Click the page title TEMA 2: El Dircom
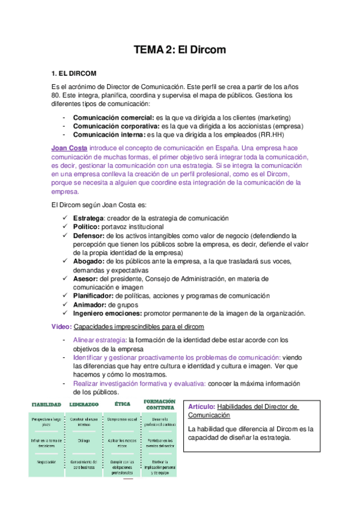click(x=180, y=50)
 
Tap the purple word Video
click(x=61, y=327)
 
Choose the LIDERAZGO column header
click(x=84, y=404)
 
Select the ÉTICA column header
click(x=123, y=404)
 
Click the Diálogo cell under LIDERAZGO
click(x=84, y=439)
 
